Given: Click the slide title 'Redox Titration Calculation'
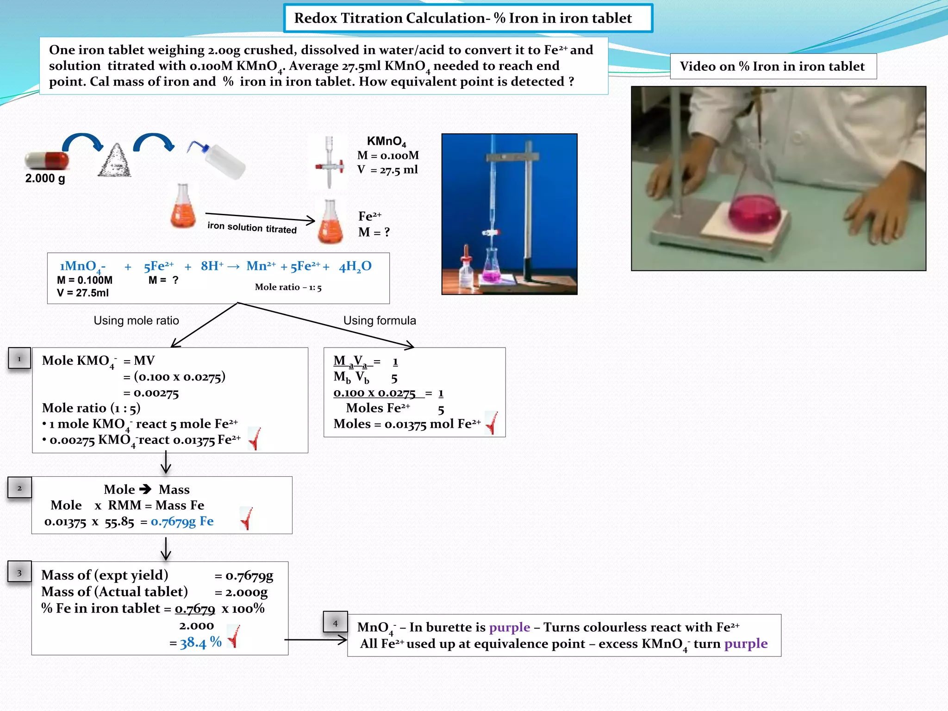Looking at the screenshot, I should coord(463,18).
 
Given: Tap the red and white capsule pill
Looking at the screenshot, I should coord(47,160).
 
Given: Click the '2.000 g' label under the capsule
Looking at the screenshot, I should coord(45,178).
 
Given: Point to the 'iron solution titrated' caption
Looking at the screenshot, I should coord(252,227).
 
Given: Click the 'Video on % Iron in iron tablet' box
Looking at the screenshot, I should coord(772,66).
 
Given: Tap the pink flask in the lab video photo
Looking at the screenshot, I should coord(755,211).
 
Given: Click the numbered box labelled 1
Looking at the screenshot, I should coord(19,358).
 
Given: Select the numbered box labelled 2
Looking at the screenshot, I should coord(19,488).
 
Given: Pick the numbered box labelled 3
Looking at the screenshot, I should coord(19,573).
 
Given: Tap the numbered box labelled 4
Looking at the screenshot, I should coord(335,623).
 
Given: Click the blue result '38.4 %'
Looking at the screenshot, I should coord(201,642).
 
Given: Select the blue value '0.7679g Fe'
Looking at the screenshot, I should coord(182,522).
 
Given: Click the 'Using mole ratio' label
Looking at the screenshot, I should coord(136,320).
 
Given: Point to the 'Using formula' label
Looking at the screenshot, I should coord(380,320).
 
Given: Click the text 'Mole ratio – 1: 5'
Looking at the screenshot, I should coord(288,287).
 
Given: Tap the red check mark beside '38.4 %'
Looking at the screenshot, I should coord(233,636).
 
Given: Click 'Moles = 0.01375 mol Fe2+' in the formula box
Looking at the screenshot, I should coord(407,424).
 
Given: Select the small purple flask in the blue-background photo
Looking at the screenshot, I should coord(492,268).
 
